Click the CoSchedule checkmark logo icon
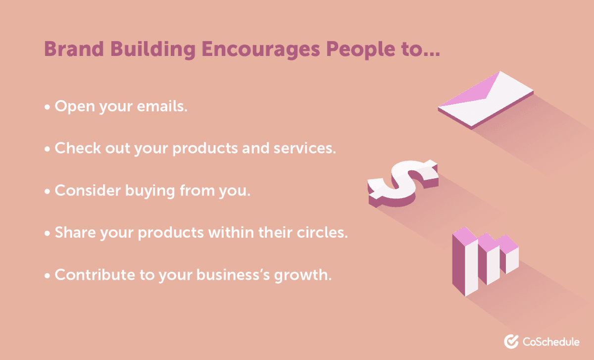tap(511, 341)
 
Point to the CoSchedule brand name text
tap(551, 341)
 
